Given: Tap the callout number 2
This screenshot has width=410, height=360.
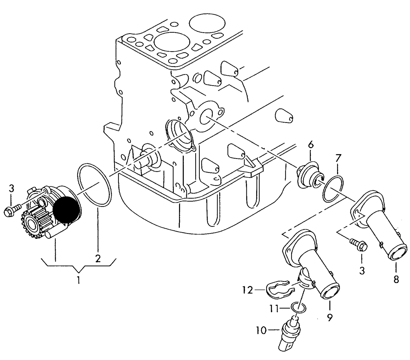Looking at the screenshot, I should tap(98, 259).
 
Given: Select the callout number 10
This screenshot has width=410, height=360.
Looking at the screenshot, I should tap(261, 330).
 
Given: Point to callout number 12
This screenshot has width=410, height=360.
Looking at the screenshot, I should tap(248, 290).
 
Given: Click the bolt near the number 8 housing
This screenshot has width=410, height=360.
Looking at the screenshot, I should tap(359, 245).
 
